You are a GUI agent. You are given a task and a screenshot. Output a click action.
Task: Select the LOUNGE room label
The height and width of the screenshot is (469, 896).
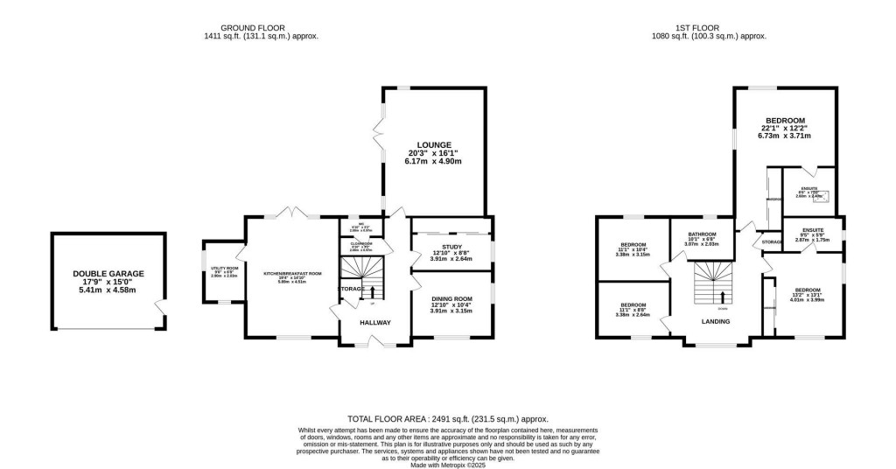(434, 144)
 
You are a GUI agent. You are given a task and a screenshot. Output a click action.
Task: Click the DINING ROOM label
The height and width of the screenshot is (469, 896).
(451, 299)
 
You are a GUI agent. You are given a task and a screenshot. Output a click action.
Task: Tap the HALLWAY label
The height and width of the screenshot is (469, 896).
(375, 323)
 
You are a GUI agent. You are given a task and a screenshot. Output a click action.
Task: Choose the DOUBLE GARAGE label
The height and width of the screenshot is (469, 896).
(108, 273)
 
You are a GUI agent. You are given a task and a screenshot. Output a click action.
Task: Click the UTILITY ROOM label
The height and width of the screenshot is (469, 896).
(218, 268)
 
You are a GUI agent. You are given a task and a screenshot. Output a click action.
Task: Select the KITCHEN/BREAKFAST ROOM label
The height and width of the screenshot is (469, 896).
(292, 273)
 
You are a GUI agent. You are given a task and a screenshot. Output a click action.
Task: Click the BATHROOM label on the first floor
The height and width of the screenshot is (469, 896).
(702, 234)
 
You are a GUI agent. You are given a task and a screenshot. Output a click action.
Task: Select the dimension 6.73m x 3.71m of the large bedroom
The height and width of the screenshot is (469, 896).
(786, 136)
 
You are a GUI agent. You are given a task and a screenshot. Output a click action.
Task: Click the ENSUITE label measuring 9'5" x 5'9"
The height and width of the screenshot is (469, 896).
(809, 230)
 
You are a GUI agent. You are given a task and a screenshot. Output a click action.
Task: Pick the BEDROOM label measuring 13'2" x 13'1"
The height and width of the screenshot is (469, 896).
(808, 290)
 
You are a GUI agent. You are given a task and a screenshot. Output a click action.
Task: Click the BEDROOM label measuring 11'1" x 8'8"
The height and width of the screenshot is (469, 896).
(633, 305)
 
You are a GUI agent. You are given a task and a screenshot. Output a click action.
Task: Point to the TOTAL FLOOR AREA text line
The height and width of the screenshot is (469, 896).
(447, 420)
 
